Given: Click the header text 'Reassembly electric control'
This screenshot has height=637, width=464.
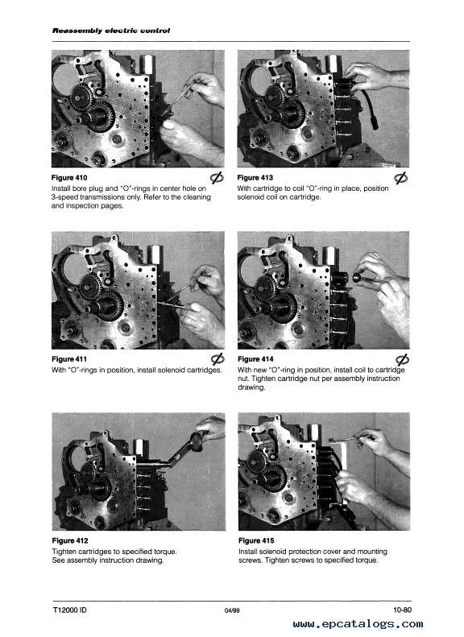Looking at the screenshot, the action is [x=111, y=31].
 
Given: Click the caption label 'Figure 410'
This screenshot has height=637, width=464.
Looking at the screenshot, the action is [x=69, y=177].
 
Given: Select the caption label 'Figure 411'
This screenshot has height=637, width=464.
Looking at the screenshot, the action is [x=69, y=359].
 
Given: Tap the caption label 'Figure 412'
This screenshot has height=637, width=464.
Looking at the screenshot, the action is [x=70, y=540].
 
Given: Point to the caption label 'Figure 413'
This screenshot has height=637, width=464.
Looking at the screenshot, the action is [x=255, y=177].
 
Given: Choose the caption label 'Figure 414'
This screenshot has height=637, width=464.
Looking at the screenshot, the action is [x=255, y=359].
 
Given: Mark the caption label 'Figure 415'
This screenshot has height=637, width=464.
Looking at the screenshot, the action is [x=256, y=540].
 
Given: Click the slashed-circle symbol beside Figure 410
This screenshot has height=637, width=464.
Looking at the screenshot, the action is [x=217, y=177].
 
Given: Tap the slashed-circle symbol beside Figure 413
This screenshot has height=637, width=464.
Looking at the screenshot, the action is [x=401, y=177].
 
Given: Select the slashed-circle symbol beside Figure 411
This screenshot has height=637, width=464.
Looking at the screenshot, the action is [x=217, y=358].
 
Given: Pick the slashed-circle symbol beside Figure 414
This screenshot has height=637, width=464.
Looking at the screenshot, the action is [x=402, y=359].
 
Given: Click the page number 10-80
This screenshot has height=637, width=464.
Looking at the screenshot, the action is [x=402, y=610].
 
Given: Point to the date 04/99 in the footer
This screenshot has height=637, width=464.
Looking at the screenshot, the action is [x=232, y=610].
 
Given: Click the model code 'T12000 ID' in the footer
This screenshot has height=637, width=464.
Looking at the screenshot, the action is [x=69, y=610].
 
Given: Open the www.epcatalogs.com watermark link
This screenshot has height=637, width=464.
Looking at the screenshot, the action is [x=358, y=623].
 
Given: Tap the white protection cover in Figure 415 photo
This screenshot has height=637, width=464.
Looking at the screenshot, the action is [x=342, y=471].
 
